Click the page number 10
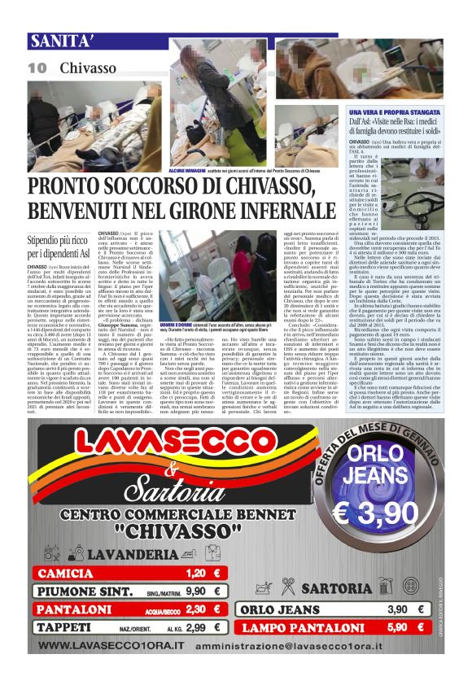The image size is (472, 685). [x=37, y=68]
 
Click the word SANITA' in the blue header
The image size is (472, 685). [x=59, y=41]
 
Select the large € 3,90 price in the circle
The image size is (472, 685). [x=376, y=490]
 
